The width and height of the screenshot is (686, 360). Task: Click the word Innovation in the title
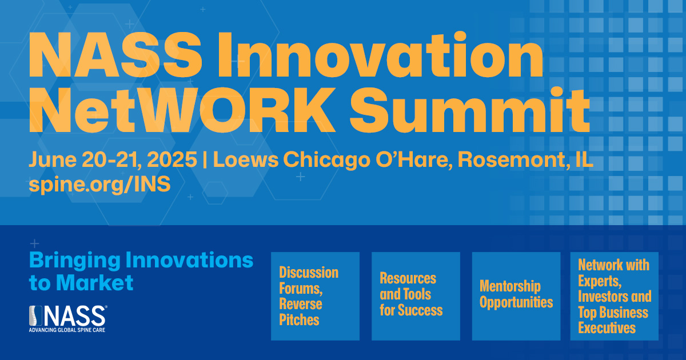[380, 55]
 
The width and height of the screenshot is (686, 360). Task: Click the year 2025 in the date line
[172, 159]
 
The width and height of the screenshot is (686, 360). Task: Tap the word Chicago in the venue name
[327, 160]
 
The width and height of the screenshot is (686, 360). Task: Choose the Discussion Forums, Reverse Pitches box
[315, 296]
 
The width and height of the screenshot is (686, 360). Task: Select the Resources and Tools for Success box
[416, 296]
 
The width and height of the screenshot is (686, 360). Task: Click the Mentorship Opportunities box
[516, 296]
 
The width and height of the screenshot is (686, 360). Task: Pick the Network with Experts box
[615, 296]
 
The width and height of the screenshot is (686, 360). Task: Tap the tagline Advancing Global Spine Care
[67, 330]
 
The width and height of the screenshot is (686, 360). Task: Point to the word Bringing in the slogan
[75, 261]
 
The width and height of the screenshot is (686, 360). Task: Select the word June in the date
[53, 159]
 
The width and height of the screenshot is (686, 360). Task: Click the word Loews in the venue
[246, 159]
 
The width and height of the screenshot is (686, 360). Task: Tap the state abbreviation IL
[584, 159]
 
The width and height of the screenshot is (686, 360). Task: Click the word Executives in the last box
[607, 328]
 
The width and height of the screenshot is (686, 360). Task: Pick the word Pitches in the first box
[299, 320]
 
